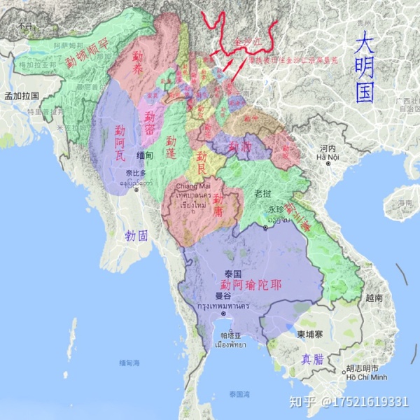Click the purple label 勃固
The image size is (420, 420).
(x=136, y=236)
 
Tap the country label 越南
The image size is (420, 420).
(x=374, y=297)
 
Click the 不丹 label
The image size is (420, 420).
(x=25, y=26)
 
